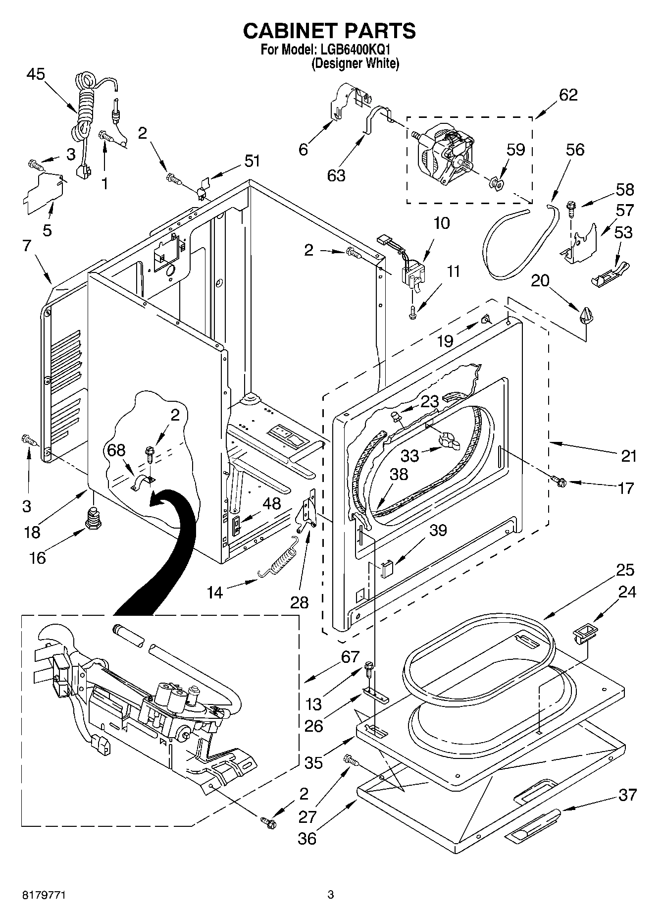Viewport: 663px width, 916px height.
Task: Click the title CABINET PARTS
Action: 329,31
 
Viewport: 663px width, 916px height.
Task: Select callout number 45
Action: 36,74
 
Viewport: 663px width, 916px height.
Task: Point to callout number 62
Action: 568,95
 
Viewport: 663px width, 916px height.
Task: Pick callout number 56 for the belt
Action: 575,150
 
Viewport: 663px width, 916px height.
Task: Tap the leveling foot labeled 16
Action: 93,519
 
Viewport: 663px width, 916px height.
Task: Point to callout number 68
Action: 116,450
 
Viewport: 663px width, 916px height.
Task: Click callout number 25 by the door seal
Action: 625,570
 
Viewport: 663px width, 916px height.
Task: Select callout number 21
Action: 628,455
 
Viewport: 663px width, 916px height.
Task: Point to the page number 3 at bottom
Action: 330,895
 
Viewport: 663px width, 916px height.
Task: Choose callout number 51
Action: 252,161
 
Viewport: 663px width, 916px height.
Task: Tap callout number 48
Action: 272,503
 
